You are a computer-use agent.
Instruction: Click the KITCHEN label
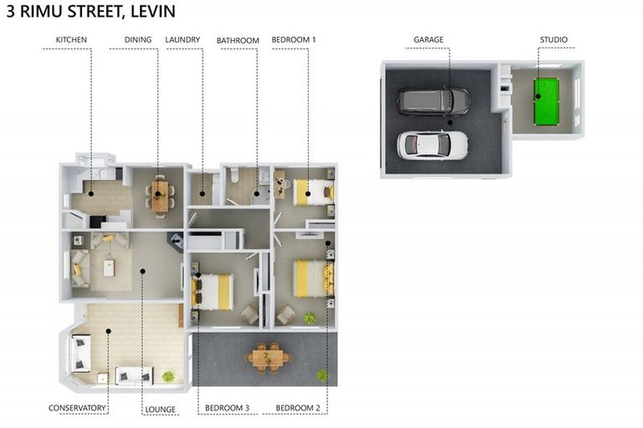(71, 40)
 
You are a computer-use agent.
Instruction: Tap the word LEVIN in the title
(153, 11)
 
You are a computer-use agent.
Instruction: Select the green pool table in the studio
(546, 102)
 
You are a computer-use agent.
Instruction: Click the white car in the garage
(432, 145)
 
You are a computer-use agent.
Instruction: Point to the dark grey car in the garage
(434, 101)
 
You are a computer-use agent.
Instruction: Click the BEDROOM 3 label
(227, 408)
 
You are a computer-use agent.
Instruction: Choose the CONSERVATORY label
(77, 408)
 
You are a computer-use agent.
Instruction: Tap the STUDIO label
(553, 40)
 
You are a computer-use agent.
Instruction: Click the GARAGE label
(428, 40)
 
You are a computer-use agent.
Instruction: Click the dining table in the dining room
(160, 196)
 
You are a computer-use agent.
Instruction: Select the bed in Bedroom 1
(314, 192)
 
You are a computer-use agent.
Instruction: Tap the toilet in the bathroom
(234, 175)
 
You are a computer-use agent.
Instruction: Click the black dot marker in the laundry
(202, 194)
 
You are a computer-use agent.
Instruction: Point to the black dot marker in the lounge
(142, 271)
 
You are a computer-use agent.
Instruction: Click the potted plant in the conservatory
(168, 376)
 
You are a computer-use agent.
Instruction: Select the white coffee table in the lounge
(109, 268)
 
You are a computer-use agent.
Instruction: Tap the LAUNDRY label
(183, 40)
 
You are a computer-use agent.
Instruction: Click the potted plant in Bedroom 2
(310, 318)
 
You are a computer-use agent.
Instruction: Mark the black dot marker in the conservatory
(109, 331)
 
